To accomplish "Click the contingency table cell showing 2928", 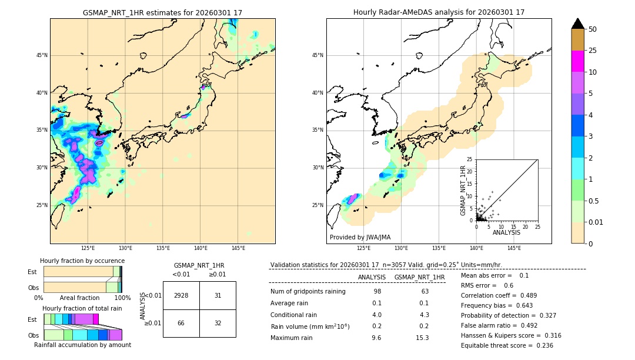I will [x=181, y=295].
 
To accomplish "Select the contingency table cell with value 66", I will [x=181, y=323].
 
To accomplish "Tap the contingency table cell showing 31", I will [x=218, y=295].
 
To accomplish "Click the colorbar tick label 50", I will [x=593, y=29].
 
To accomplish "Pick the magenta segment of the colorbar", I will [x=578, y=61].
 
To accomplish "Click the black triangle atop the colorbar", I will [x=578, y=24].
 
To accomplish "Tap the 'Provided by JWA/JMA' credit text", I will [x=360, y=237].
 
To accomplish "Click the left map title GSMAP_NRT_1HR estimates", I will [x=162, y=12].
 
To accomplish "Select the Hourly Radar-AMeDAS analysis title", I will [x=439, y=12].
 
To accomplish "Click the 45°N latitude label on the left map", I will [x=42, y=55].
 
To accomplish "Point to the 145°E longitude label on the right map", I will [x=514, y=248].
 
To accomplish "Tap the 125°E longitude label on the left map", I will [x=88, y=248].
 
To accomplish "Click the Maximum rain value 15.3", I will [x=422, y=338].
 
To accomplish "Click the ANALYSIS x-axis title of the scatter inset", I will [x=507, y=233].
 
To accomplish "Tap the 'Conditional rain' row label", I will [x=294, y=315].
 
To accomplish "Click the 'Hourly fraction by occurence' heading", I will [x=82, y=261].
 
